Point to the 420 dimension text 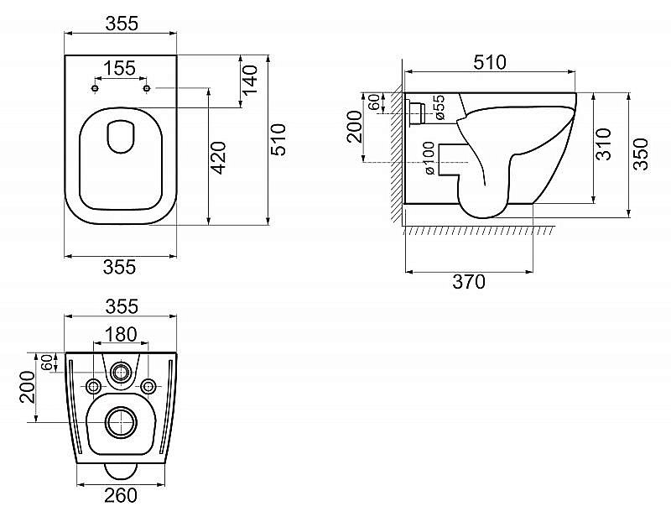218,157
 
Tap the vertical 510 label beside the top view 279,139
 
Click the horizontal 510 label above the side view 490,62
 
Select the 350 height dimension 640,154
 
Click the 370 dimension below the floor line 468,283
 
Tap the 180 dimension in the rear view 121,334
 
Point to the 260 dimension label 120,496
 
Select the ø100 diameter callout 429,158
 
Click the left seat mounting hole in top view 95,88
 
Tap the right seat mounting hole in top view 147,88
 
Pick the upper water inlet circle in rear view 122,372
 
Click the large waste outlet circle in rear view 121,423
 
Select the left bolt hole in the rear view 93,385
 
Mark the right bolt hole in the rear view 148,385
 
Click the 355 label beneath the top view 120,267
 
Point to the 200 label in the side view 354,132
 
